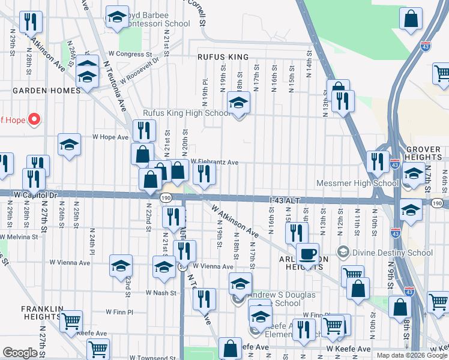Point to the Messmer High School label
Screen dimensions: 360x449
357,183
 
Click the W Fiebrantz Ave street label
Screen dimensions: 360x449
214,162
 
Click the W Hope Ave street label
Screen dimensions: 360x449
110,137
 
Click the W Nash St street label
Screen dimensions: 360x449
161,293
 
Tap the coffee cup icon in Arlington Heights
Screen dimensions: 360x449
307,254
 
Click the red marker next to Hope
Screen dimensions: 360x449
34,119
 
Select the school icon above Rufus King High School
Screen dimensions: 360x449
238,103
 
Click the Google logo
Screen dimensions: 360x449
20,353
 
